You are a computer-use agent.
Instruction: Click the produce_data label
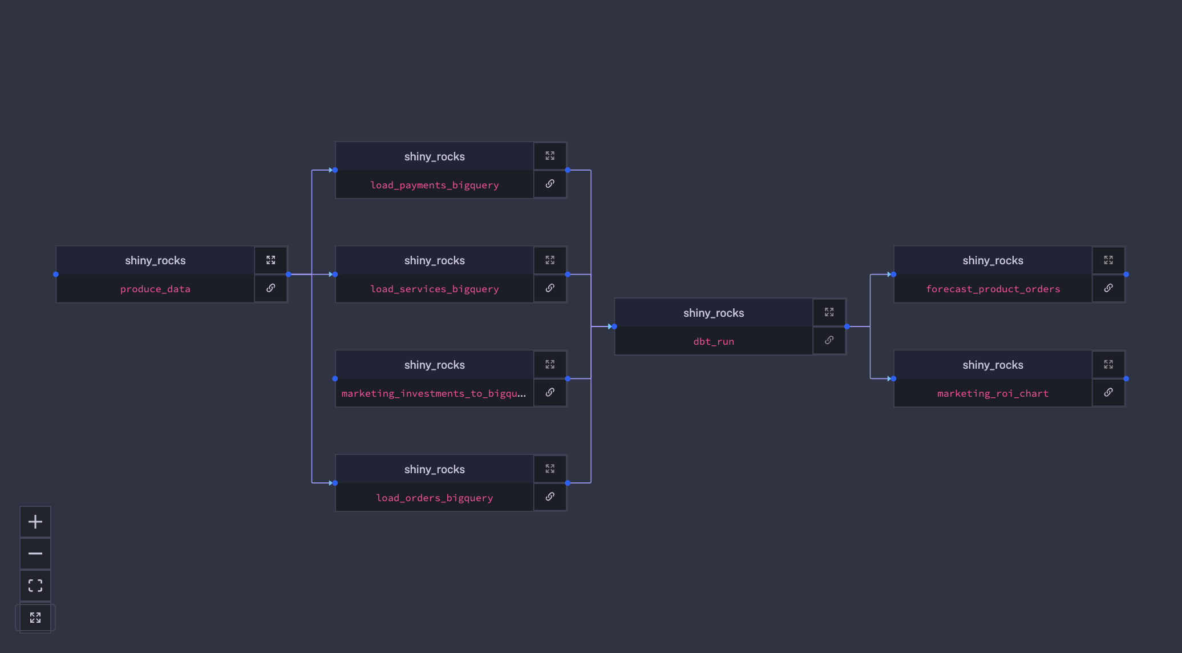[155, 289]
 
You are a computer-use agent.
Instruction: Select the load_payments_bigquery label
[434, 185]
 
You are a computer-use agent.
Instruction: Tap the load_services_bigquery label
[434, 289]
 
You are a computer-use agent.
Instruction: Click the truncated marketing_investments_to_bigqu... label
[434, 393]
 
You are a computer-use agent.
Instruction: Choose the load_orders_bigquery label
[434, 498]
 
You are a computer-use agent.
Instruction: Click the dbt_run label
[714, 341]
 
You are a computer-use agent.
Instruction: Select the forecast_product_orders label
[993, 289]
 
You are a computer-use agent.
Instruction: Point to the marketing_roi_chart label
[993, 393]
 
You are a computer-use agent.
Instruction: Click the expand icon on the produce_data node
[271, 260]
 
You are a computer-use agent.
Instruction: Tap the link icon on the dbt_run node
[829, 340]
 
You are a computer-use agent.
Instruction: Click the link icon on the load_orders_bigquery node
[550, 497]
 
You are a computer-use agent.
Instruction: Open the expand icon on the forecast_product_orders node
[1108, 260]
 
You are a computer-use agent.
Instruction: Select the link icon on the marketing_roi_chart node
[1108, 393]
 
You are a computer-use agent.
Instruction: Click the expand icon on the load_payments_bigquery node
[550, 156]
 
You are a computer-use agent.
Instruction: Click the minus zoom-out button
[35, 554]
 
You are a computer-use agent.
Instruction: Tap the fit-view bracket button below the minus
[35, 586]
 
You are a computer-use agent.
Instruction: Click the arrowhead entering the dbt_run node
[610, 326]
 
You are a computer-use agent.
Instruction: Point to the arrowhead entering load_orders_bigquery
[331, 483]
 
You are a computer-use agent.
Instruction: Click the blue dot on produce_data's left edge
[56, 275]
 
